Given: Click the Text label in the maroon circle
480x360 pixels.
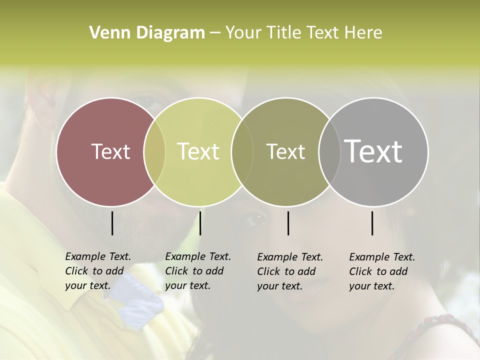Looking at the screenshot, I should click(x=110, y=151).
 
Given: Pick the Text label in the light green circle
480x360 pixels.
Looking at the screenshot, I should click(x=198, y=151).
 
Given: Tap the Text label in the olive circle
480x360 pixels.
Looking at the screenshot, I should click(x=285, y=151).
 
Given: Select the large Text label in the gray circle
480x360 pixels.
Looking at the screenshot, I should click(x=373, y=151).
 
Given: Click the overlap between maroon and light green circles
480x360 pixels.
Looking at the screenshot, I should click(x=154, y=151).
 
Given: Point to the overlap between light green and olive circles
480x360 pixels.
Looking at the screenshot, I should click(x=242, y=151).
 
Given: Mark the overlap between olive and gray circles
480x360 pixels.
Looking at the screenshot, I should click(x=329, y=151).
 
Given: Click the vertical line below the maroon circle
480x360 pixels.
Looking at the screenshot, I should click(x=112, y=223).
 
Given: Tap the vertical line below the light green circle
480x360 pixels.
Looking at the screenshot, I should click(x=200, y=223).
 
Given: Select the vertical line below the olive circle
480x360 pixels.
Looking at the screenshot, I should click(x=288, y=223).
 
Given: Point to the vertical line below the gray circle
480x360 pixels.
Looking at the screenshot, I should click(x=372, y=223).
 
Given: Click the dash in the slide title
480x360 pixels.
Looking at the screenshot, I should click(x=215, y=33).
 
